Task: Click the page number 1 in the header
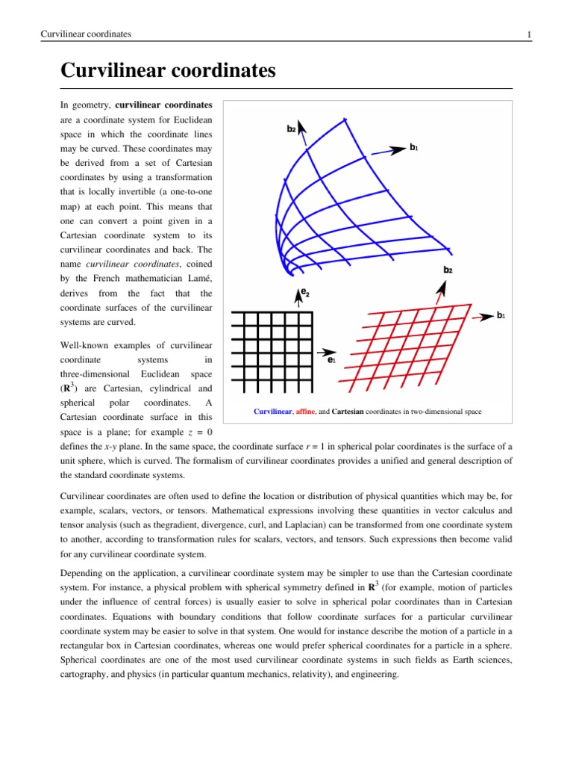pos(528,34)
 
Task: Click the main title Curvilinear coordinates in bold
pos(168,72)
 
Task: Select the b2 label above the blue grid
pos(292,129)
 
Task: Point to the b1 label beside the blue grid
pos(413,148)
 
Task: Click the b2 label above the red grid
pos(448,269)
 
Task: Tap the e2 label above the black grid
pos(307,294)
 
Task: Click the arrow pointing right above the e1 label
pos(326,350)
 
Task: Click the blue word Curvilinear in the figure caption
pos(275,412)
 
